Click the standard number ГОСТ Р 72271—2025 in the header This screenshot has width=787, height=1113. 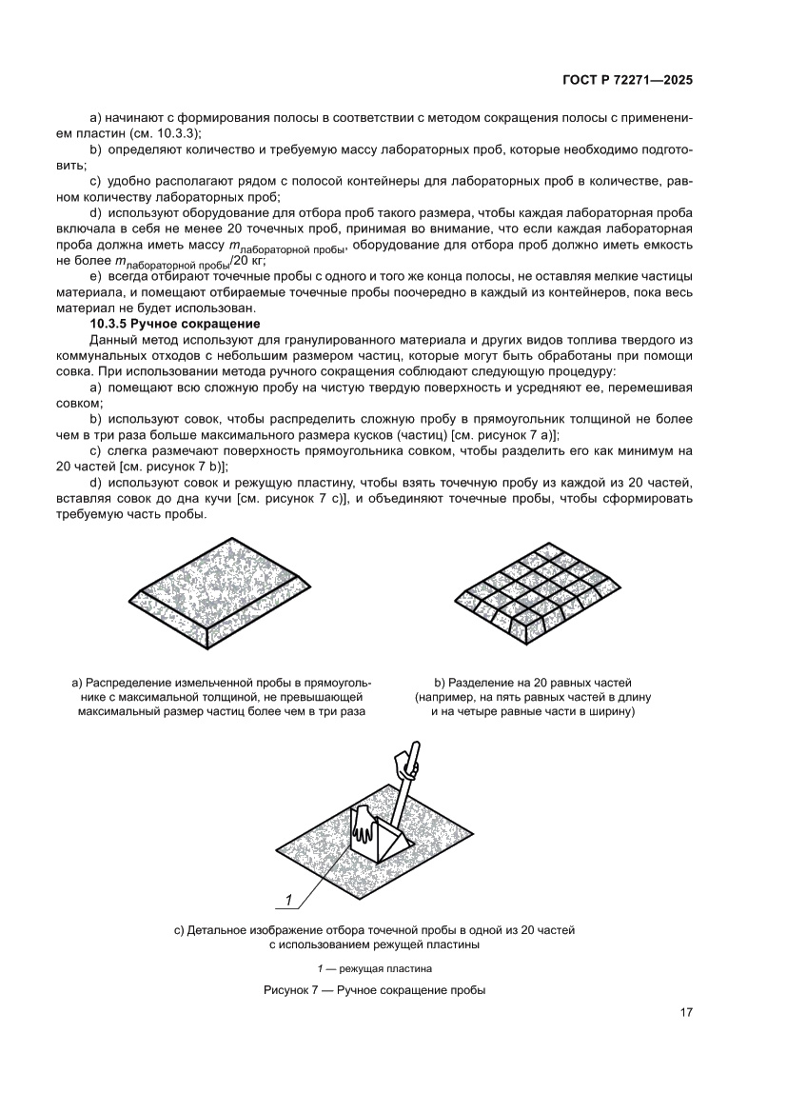(x=628, y=81)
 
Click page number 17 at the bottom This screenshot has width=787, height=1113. (x=685, y=1012)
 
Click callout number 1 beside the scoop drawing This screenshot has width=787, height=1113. (x=287, y=898)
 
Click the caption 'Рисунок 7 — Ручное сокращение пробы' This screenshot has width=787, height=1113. (x=374, y=990)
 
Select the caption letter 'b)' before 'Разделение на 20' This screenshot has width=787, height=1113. (x=441, y=683)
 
